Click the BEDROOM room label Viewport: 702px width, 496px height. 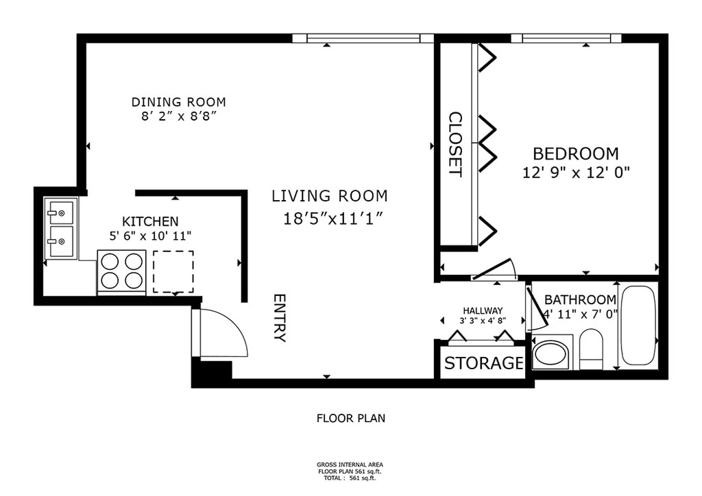[576, 154]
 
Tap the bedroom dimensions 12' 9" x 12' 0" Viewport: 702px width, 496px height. [576, 172]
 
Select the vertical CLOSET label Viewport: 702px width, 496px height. [455, 144]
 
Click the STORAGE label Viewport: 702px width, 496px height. [483, 363]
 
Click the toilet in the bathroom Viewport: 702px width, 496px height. [591, 349]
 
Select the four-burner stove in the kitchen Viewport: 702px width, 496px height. [122, 273]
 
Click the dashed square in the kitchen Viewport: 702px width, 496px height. [173, 271]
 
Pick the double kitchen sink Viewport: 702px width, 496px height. [61, 228]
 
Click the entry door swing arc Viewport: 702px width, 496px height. [237, 324]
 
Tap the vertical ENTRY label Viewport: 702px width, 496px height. [280, 318]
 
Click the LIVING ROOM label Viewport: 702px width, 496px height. [330, 196]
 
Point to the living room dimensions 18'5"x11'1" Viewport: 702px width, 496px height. [334, 219]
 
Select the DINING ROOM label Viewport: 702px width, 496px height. [179, 102]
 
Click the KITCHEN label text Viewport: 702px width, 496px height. [150, 221]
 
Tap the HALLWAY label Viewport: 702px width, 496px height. [483, 310]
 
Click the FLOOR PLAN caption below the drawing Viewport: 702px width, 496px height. [351, 419]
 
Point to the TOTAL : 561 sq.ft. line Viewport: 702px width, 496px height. [350, 478]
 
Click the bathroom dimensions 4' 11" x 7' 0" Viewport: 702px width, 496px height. [580, 314]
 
